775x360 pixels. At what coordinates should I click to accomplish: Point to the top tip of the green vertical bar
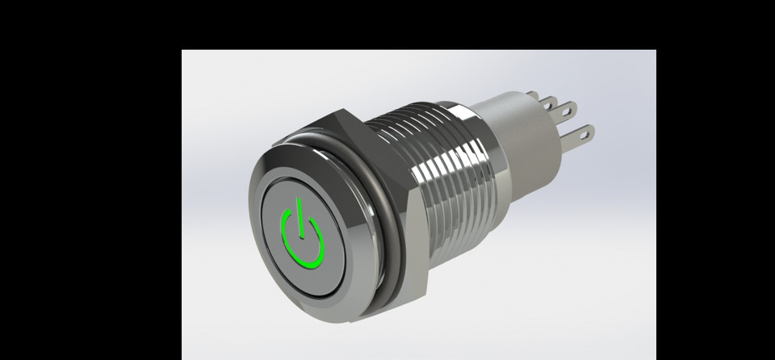[x=299, y=200]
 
